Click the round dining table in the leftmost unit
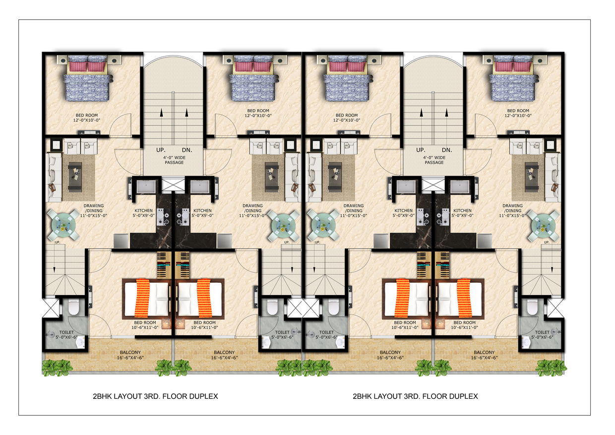click(x=63, y=226)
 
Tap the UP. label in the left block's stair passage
click(x=161, y=150)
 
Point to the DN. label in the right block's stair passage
click(x=447, y=150)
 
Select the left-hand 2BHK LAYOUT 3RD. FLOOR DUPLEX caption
click(x=155, y=396)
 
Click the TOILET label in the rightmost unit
click(x=542, y=332)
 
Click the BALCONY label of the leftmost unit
click(x=130, y=352)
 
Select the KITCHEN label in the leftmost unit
click(x=144, y=211)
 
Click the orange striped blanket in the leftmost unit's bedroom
click(x=142, y=298)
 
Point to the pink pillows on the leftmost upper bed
click(x=87, y=67)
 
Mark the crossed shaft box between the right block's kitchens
click(x=432, y=185)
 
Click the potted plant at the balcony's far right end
click(x=552, y=368)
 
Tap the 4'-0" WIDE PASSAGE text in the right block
click(x=434, y=160)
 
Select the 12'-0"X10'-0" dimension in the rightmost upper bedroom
click(x=518, y=116)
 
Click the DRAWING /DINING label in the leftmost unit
click(x=94, y=208)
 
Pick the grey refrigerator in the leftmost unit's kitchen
click(x=121, y=242)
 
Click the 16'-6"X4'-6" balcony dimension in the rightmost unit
click(x=484, y=358)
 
